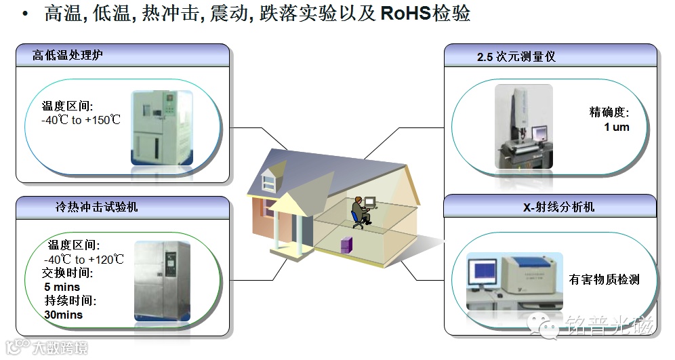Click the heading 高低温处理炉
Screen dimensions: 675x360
click(x=68, y=55)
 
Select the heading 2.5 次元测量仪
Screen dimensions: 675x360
click(x=516, y=56)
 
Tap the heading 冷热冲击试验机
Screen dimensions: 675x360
click(x=96, y=207)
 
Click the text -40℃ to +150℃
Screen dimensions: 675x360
click(x=81, y=120)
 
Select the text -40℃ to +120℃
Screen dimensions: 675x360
click(x=84, y=260)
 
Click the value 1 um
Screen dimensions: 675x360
click(x=616, y=127)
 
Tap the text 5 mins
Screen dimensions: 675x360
click(x=62, y=287)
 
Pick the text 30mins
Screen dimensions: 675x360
click(x=64, y=315)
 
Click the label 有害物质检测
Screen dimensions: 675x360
click(x=605, y=279)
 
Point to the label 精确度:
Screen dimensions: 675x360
click(x=609, y=113)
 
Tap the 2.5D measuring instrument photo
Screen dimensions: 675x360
click(x=523, y=125)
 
